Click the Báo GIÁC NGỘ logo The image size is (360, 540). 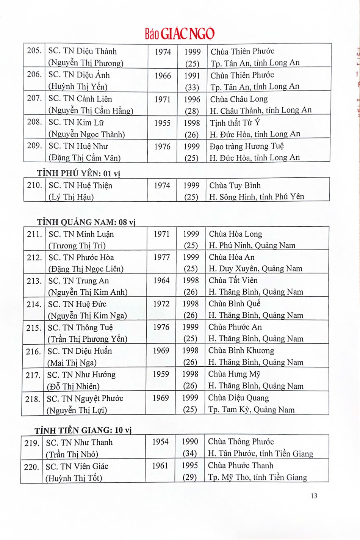tap(180, 34)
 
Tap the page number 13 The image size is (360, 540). tap(314, 496)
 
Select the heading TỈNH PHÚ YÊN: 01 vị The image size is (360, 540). tap(78, 174)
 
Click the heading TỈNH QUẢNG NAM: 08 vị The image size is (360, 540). tap(86, 222)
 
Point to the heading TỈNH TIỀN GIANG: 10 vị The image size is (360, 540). tap(83, 430)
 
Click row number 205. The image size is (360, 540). tap(34, 51)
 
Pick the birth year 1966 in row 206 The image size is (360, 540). tap(163, 76)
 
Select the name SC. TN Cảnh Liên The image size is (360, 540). tap(80, 99)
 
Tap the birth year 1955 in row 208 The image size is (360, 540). tap(162, 123)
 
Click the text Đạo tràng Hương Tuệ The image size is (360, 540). tap(247, 146)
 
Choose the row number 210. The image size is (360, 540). tap(34, 185)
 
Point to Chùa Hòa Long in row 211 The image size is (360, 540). tap(235, 234)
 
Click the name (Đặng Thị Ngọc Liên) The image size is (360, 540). tap(86, 269)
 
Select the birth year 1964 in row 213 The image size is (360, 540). tap(161, 281)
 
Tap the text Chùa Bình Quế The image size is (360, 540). tap(234, 304)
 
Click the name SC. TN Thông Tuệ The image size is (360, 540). tap(80, 328)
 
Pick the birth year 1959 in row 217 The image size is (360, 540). tap(161, 374)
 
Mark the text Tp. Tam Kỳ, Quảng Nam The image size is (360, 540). tap(251, 410)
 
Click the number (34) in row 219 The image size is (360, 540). tap(189, 454)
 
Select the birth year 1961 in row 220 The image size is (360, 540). tap(160, 466)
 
